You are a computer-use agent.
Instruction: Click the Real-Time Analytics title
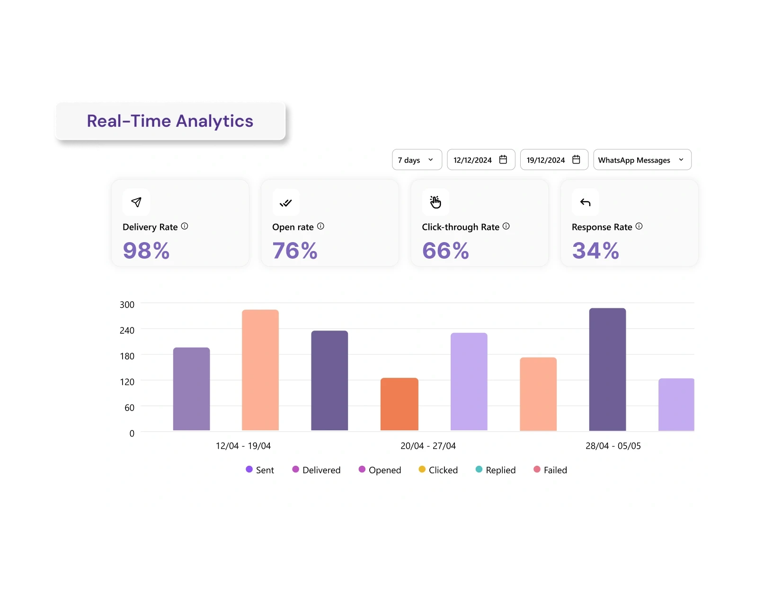coord(170,121)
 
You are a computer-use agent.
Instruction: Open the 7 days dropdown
coord(417,160)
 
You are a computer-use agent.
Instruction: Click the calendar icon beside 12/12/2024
coord(503,160)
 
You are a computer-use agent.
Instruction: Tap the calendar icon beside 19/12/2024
coord(576,160)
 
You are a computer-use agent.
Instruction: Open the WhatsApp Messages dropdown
coord(642,160)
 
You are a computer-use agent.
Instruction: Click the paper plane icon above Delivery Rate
coord(136,202)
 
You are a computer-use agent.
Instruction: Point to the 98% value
coord(146,251)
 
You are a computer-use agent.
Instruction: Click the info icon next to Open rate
coord(320,227)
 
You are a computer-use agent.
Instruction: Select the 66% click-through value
coord(445,251)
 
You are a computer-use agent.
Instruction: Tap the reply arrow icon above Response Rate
coord(586,202)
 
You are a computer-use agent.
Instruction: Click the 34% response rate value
coord(595,251)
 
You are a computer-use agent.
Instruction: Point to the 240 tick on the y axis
coord(127,331)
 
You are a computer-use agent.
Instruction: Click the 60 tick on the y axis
coord(129,408)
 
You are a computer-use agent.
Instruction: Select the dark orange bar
coord(399,404)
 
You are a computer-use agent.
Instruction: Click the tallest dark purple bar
coord(607,369)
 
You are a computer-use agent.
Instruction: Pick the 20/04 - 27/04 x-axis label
coord(428,446)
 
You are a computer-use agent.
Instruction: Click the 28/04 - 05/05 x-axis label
coord(613,446)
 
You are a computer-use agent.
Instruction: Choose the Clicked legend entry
coord(438,470)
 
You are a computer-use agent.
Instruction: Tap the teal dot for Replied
coord(479,470)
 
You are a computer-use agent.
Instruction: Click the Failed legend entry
coord(551,470)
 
